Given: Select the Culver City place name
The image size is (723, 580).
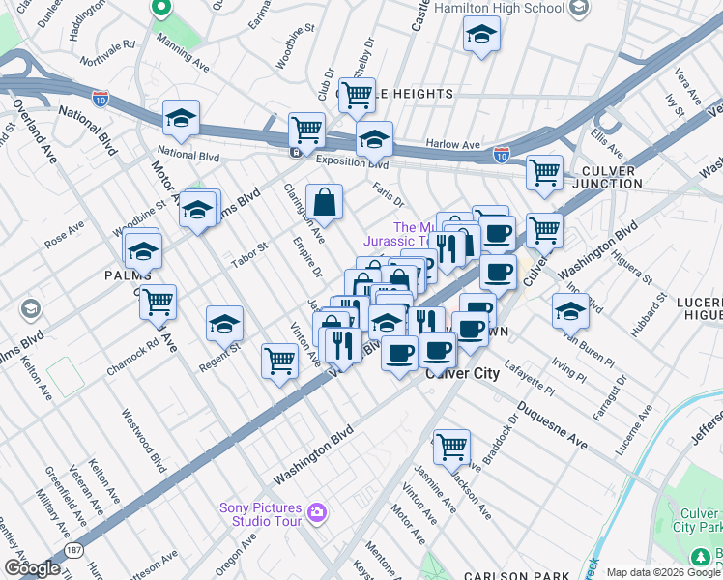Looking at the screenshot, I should click(x=461, y=373).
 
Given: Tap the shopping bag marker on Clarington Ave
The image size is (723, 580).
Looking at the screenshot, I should click(x=325, y=202).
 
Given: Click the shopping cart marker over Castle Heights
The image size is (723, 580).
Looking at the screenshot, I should click(x=357, y=95).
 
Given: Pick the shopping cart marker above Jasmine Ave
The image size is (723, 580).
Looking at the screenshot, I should click(x=451, y=447).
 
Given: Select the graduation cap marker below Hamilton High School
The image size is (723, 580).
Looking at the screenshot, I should click(x=481, y=38).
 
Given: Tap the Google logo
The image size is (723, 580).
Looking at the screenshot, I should click(x=31, y=568).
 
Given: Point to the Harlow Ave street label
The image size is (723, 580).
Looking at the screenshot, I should click(x=453, y=145).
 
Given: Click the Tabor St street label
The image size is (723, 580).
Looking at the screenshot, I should click(x=248, y=254).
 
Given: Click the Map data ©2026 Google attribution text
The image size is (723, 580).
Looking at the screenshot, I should click(x=663, y=572).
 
